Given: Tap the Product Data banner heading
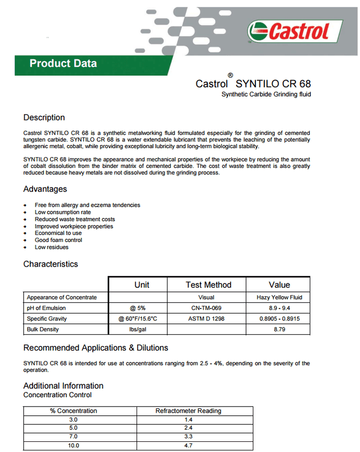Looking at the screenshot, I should pos(63,63).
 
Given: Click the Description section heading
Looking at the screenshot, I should pos(44,117).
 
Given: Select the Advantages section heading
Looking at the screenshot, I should pos(45,189).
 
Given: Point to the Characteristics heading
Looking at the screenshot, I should pos(50,264).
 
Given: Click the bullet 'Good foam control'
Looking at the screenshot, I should pos(59,240).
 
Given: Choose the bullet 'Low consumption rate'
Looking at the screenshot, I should pos(63,212).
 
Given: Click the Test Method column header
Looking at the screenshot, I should pos(208,285).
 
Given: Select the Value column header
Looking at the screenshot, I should pos(279,285).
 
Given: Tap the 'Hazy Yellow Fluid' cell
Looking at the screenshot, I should pos(279,297).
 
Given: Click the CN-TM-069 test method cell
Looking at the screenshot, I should pos(206,308).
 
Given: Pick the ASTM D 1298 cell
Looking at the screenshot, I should pos(206,319).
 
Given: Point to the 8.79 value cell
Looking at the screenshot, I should pos(279,330).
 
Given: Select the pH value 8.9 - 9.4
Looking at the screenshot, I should pos(279,308).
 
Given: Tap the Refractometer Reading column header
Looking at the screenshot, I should pos(188,411).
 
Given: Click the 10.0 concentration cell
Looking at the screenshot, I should pos(73,446).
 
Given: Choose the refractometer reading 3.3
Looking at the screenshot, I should pos(188,437).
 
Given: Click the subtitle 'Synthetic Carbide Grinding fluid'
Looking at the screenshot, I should pos(266,94).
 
